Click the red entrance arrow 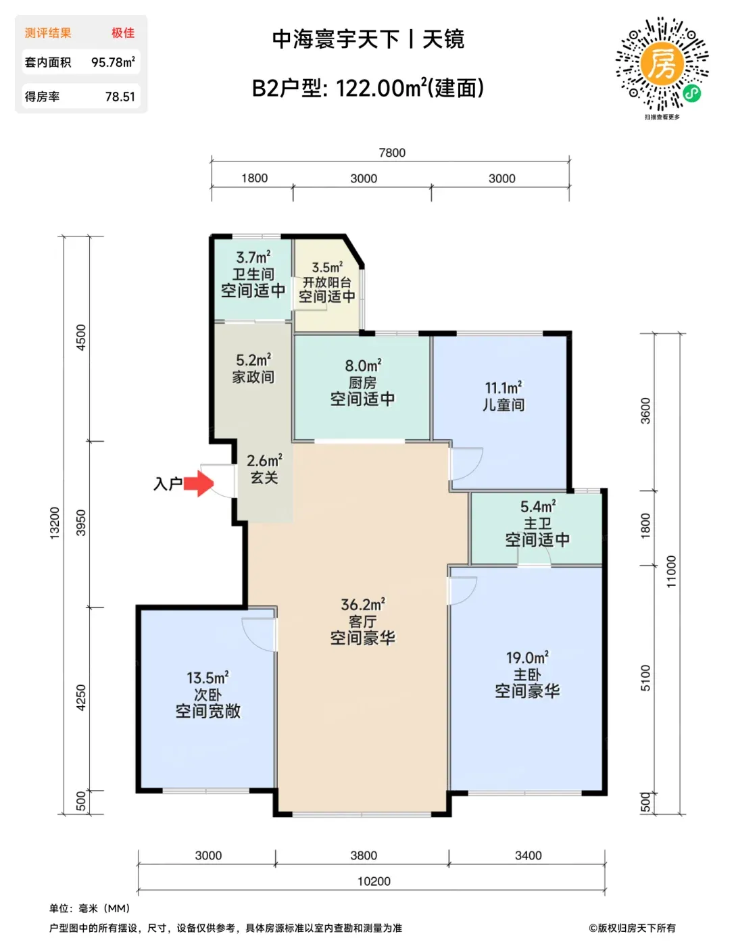click(199, 483)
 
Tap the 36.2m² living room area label click(362, 605)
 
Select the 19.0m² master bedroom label click(527, 657)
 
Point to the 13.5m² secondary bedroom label click(207, 678)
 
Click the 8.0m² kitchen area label click(363, 366)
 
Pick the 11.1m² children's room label click(503, 387)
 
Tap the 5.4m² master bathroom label click(538, 506)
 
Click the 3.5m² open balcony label click(327, 268)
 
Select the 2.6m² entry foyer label click(264, 461)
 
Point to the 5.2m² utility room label click(253, 360)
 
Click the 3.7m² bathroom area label click(253, 257)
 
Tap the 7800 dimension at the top click(392, 153)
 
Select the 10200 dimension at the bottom click(374, 882)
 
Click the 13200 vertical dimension click(54, 523)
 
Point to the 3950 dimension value click(81, 523)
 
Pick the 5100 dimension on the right click(645, 678)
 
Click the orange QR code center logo click(661, 64)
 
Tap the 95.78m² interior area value click(113, 62)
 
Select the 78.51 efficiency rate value click(120, 97)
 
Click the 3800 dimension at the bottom click(364, 855)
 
